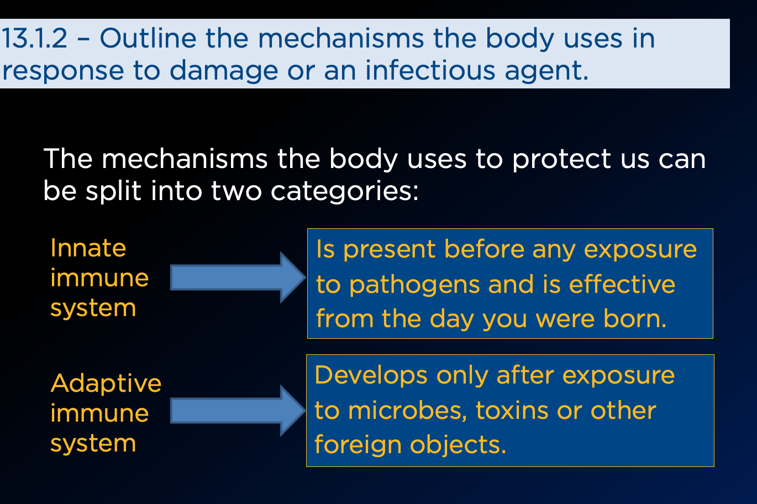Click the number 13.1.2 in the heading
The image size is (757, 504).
pos(34,38)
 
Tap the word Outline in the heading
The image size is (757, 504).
pos(148,38)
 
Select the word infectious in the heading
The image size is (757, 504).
pos(430,70)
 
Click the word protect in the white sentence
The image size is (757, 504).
pos(561,160)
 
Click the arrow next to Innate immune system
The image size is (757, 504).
pos(238,277)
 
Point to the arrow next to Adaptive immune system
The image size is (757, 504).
pos(238,411)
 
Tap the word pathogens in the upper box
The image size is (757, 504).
pos(414,286)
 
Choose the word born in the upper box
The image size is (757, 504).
pos(635,318)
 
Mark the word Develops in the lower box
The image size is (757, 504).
pos(371,376)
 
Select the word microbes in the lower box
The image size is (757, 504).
pos(408,411)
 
